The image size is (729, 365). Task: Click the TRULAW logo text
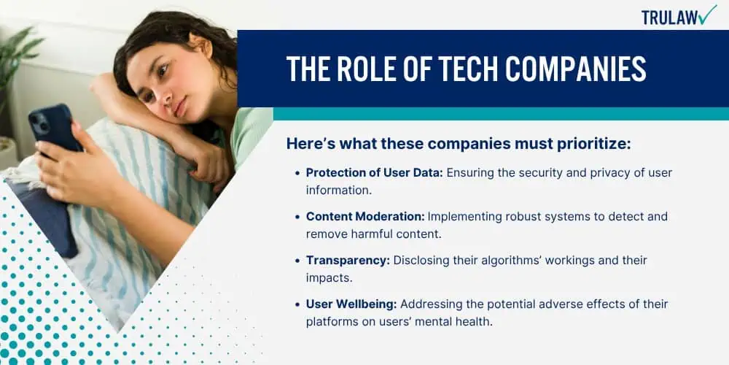[669, 18]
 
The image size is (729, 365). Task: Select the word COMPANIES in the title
[576, 69]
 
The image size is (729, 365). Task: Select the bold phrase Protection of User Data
[374, 173]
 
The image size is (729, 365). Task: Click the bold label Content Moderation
[365, 217]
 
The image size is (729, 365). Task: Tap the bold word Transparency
[348, 261]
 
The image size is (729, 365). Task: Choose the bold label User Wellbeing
[351, 304]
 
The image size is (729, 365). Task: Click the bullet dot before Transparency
[297, 261]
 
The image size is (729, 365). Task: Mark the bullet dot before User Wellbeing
[297, 305]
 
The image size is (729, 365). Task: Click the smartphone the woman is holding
[55, 129]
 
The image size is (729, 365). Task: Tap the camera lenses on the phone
[40, 123]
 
